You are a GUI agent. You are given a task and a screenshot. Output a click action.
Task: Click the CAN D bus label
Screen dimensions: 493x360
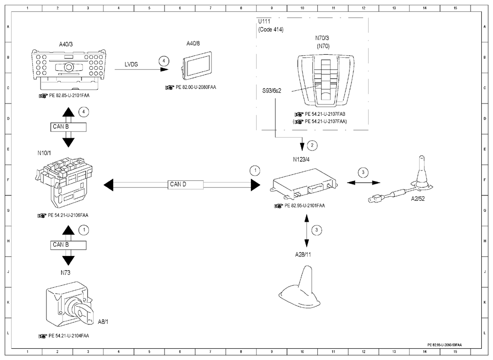[178, 185]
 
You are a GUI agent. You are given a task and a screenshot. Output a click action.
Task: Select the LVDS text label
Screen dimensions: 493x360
[131, 64]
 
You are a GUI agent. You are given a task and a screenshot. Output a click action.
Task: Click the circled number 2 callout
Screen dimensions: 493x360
[312, 145]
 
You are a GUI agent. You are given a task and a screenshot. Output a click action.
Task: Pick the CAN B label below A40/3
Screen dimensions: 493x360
[61, 127]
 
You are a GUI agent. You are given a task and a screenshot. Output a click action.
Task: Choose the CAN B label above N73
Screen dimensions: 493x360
[61, 245]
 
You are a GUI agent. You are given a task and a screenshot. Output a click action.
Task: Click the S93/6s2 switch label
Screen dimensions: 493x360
[272, 91]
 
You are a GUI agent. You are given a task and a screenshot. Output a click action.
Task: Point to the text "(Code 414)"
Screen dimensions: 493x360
[271, 30]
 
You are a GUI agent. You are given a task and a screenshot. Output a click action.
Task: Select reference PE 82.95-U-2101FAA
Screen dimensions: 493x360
[305, 206]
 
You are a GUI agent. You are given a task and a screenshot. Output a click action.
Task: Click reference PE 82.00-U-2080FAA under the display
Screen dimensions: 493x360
[196, 87]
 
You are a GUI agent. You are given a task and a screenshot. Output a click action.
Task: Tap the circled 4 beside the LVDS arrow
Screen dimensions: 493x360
[164, 61]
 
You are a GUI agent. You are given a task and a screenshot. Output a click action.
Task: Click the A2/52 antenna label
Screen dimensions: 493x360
[418, 199]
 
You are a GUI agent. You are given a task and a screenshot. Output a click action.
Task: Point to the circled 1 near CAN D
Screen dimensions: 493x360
[255, 170]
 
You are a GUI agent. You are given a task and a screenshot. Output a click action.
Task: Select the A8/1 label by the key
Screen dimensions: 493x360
[103, 321]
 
